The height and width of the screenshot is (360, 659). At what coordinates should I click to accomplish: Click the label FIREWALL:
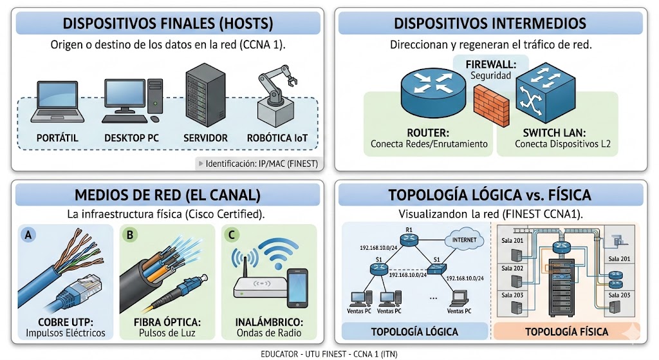[x=490, y=64]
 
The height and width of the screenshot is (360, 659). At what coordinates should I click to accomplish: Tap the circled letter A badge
[x=28, y=236]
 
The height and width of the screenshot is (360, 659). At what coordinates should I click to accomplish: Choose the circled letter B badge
[x=130, y=236]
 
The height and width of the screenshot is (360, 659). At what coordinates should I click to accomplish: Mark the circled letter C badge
[x=231, y=236]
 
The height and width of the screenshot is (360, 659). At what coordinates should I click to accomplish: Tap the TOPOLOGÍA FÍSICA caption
[x=566, y=332]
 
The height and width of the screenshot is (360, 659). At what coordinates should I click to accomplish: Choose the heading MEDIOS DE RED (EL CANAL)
[x=167, y=194]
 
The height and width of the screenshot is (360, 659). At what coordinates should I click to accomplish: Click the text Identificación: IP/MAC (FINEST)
[x=261, y=164]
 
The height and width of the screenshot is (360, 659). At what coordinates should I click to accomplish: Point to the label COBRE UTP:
[x=66, y=321]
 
